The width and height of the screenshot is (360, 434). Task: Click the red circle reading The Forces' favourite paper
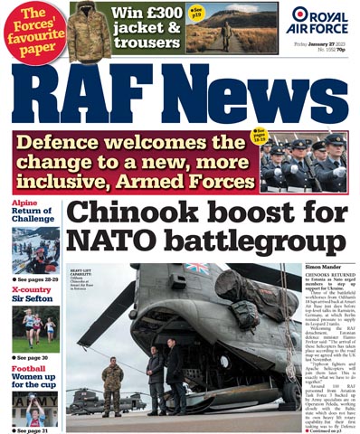pyautogui.click(x=33, y=29)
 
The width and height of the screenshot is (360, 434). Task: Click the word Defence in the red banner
pyautogui.click(x=87, y=145)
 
